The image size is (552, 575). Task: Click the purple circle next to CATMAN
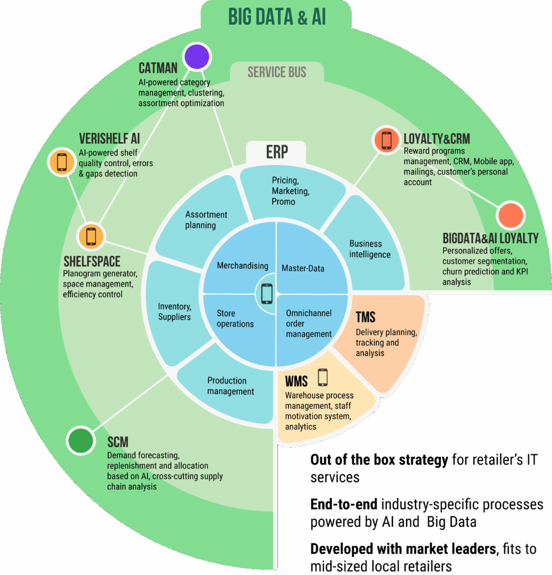click(197, 57)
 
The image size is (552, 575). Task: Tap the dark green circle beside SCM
click(81, 440)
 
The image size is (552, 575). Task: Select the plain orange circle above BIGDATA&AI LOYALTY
click(510, 216)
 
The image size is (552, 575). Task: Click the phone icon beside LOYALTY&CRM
click(386, 140)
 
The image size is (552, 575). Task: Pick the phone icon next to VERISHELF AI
click(62, 162)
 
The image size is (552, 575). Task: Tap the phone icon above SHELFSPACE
click(92, 236)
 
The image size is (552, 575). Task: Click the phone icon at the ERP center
click(267, 294)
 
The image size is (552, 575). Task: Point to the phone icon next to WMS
click(323, 377)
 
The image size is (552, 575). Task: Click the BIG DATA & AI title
click(277, 17)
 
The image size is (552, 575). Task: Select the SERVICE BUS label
click(277, 72)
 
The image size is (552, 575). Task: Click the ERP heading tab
click(277, 152)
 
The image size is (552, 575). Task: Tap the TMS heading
click(366, 317)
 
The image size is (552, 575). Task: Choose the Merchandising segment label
click(243, 266)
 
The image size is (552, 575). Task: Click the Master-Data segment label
click(303, 268)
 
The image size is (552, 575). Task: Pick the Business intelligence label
click(369, 249)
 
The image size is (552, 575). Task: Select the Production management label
click(230, 386)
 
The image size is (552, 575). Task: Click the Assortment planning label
click(206, 220)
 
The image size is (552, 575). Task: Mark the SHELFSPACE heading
click(92, 262)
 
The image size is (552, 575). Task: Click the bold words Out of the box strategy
click(379, 460)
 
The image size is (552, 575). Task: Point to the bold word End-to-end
click(344, 505)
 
